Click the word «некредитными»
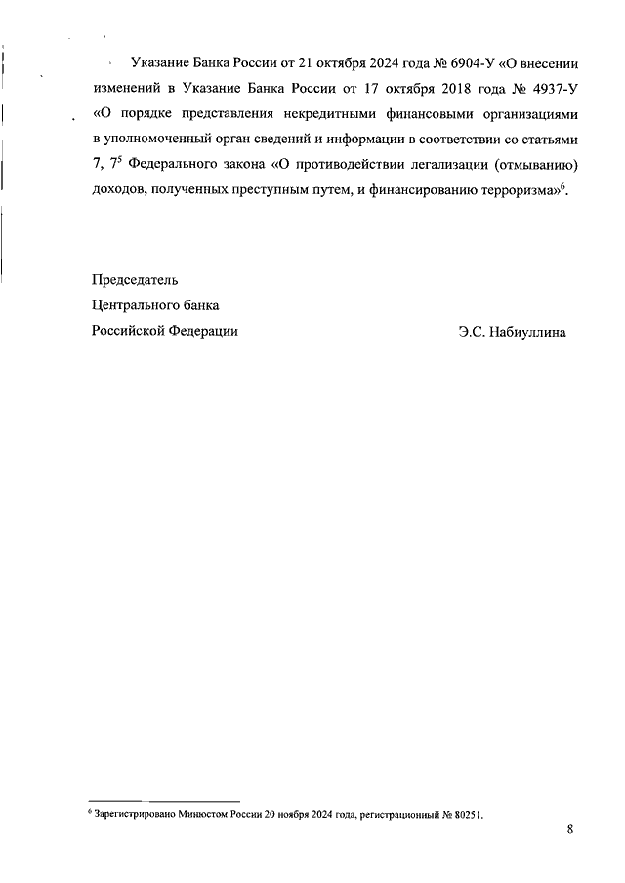point(312,114)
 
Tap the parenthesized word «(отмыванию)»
point(523,165)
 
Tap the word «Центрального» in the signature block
point(139,305)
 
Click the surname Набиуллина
point(527,332)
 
